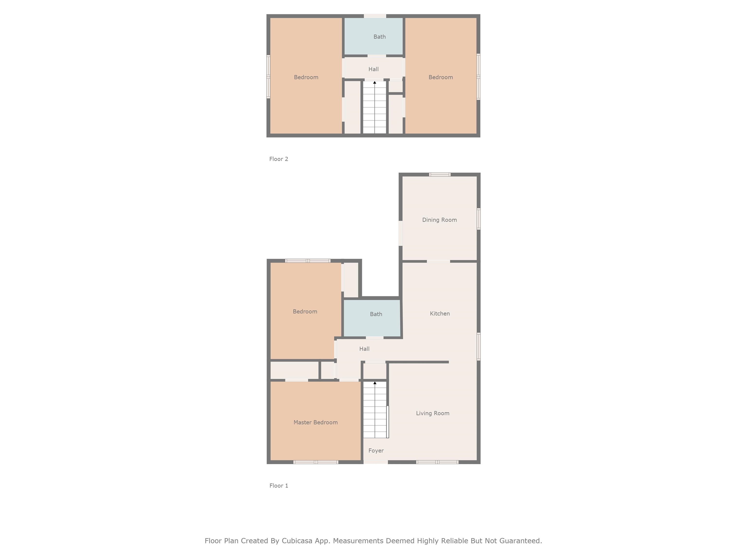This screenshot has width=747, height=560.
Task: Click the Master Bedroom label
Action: [315, 422]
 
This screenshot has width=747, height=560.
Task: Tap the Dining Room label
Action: [439, 220]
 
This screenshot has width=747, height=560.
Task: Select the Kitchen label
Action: [440, 314]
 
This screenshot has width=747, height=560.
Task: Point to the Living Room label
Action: [433, 413]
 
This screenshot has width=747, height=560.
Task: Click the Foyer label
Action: [376, 451]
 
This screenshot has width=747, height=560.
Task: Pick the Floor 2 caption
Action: [279, 159]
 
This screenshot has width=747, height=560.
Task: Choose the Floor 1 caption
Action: [279, 486]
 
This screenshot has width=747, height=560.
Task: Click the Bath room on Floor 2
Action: [379, 37]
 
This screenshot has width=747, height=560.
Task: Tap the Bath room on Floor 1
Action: [376, 314]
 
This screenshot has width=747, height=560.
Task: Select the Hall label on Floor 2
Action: [373, 69]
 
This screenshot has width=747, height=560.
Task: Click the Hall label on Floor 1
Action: [365, 349]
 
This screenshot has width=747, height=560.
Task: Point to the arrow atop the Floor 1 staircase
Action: [375, 383]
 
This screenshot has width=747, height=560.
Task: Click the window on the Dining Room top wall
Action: [440, 175]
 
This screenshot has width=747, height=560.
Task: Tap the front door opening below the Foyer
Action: [375, 462]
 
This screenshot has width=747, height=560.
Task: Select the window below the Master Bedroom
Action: [316, 462]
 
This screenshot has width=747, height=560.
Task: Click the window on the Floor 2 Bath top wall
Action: [375, 16]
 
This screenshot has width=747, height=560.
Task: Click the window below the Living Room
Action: [437, 462]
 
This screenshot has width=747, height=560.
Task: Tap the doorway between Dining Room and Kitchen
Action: [438, 261]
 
